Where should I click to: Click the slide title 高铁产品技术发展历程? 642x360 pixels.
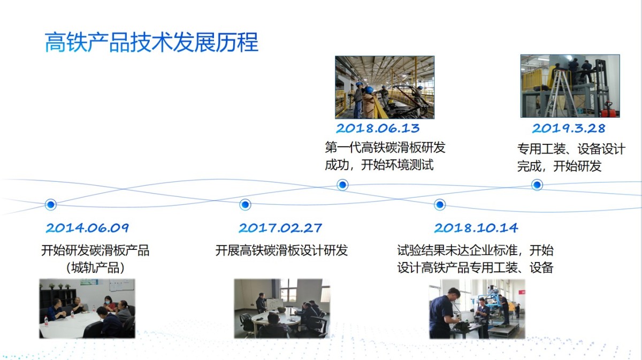click(x=151, y=42)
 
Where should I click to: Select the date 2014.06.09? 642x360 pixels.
click(x=87, y=228)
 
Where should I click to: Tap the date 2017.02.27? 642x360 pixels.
click(x=280, y=228)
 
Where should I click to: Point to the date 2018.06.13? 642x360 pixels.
click(x=378, y=128)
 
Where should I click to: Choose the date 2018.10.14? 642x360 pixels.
click(x=476, y=228)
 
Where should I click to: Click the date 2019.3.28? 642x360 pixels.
click(x=569, y=128)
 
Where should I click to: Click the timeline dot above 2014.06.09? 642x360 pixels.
click(x=51, y=205)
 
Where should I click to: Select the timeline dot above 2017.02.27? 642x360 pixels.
click(x=245, y=205)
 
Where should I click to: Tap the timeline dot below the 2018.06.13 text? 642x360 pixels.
click(x=342, y=185)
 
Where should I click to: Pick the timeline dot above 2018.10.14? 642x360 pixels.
click(x=440, y=205)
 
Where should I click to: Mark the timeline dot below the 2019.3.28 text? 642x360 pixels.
click(x=537, y=185)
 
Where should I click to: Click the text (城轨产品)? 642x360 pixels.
click(x=95, y=268)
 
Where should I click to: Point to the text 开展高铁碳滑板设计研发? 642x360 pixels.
click(x=281, y=250)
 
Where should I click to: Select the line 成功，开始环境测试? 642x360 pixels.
click(x=379, y=165)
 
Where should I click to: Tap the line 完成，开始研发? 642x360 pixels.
click(x=559, y=166)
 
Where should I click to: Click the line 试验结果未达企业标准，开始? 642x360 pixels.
click(x=475, y=250)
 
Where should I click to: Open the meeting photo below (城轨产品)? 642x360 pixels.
click(x=87, y=309)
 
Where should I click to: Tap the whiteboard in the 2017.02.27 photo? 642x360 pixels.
click(x=274, y=304)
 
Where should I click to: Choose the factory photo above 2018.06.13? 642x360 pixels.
click(x=385, y=87)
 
